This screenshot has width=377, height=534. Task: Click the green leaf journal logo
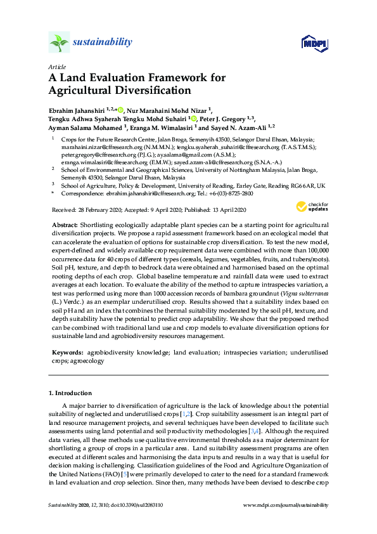click(60, 42)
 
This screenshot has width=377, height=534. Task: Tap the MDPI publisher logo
click(315, 43)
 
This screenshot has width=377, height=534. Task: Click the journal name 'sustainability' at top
click(103, 42)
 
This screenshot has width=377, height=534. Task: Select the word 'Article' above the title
click(56, 67)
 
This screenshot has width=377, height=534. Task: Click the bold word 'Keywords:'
click(68, 351)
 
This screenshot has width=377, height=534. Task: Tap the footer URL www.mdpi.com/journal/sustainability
click(286, 505)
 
